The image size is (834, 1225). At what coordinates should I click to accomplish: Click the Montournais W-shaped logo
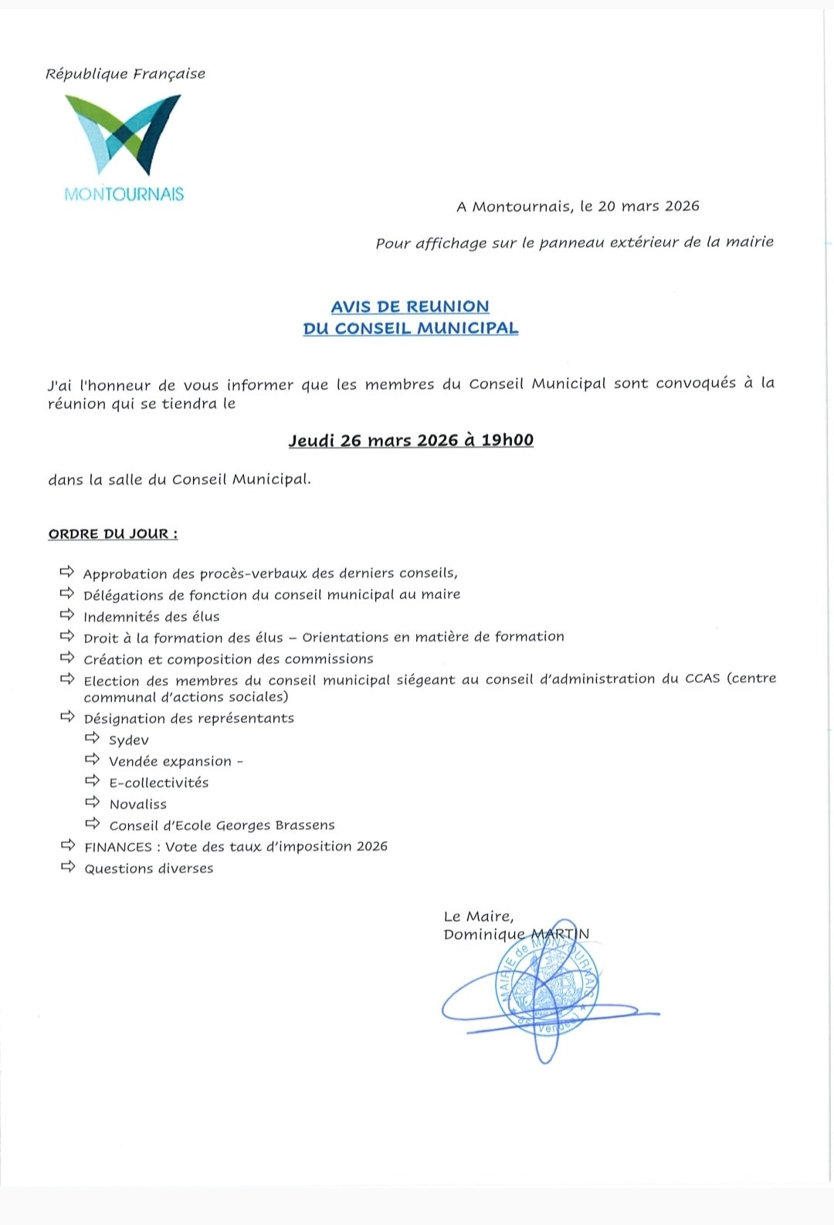point(123,134)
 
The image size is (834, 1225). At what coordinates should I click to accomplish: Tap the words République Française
point(125,74)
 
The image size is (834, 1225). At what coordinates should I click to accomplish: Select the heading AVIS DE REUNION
point(410,306)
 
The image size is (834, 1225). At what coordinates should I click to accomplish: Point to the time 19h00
point(507,440)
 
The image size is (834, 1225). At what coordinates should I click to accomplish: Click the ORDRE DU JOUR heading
point(113,534)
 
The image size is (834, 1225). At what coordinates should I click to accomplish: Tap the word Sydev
point(129,740)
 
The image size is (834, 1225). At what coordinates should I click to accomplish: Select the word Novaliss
point(138,804)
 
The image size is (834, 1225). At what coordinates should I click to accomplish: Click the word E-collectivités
point(159,783)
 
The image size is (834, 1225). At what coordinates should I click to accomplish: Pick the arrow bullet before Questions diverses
point(67,867)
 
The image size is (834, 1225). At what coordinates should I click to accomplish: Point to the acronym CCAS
point(702,678)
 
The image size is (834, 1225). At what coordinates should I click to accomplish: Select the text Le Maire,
point(479,916)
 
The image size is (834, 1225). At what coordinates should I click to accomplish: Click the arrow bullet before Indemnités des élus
point(67,615)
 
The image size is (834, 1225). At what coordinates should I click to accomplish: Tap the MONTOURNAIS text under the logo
point(124,195)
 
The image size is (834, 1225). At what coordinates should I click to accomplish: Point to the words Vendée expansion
point(171,762)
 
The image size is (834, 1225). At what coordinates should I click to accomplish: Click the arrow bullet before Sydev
point(93,739)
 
